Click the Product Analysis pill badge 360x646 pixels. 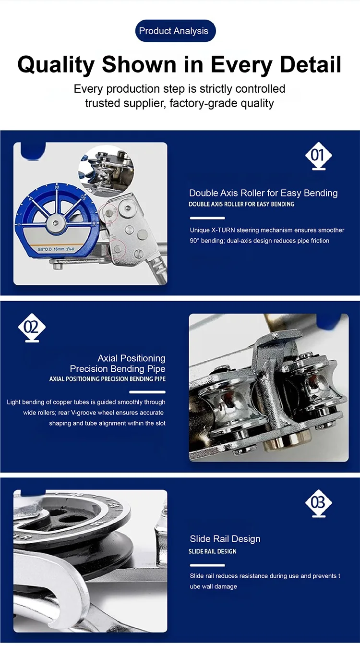175,31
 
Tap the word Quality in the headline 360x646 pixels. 56,65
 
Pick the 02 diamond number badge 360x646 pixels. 32,328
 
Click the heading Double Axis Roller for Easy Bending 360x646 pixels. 263,193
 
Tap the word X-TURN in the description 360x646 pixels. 223,230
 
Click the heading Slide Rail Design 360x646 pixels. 225,539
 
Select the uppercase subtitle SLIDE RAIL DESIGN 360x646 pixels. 213,551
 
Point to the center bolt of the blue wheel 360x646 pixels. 55,223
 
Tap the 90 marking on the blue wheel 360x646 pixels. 57,187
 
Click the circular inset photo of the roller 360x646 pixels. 106,171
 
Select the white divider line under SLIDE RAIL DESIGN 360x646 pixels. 207,565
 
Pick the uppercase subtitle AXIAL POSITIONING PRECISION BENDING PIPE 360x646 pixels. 107,379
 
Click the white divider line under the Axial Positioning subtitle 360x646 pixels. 147,392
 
